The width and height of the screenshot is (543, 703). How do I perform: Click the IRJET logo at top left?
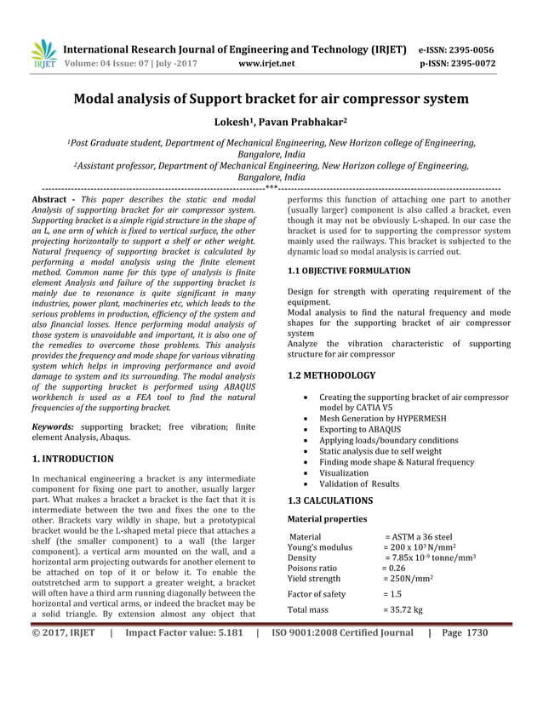(43, 53)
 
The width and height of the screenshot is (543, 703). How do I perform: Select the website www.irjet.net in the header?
(267, 63)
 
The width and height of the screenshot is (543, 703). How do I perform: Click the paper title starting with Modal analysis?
(271, 99)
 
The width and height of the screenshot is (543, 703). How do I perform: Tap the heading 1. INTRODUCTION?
(72, 459)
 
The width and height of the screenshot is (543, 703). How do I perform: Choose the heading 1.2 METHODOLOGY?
(331, 375)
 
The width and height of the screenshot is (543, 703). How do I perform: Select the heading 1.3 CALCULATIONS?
(330, 500)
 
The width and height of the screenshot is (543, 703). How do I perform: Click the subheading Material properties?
(328, 518)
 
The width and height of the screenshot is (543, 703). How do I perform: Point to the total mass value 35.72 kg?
(405, 609)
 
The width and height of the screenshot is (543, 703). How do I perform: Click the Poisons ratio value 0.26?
(393, 567)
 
